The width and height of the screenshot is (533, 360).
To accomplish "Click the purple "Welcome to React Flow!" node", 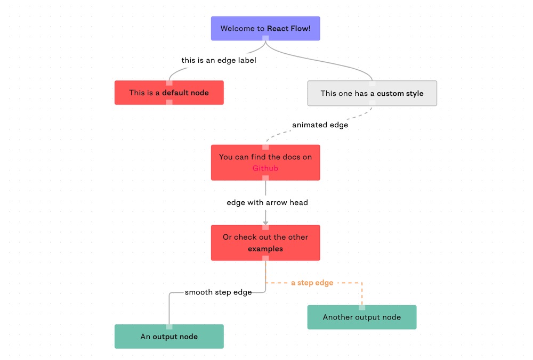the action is click(265, 29).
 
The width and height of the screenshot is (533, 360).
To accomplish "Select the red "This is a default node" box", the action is click(169, 93).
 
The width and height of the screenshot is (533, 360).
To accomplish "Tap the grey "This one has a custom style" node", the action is click(372, 93).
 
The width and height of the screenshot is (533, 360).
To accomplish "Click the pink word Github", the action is click(265, 168).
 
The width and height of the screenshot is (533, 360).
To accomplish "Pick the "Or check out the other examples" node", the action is click(265, 243).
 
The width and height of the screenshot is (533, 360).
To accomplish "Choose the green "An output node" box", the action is click(169, 337).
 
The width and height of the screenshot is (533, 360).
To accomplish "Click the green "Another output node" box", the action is click(362, 317).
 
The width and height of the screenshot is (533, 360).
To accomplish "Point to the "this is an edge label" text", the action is click(219, 61).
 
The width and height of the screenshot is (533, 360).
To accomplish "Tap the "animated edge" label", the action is click(320, 125).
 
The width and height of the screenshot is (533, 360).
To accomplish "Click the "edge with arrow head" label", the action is click(267, 202).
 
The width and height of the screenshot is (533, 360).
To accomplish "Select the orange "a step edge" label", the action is click(312, 283).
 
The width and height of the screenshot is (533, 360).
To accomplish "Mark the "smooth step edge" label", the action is click(218, 292).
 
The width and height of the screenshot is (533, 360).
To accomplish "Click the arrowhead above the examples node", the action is click(265, 223).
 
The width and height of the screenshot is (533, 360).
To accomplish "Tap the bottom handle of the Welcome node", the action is click(265, 38).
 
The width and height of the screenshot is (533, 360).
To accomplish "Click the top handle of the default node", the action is click(169, 83).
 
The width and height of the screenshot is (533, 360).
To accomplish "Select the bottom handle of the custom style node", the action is click(372, 103).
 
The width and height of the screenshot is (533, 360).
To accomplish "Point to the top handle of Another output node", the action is click(362, 308).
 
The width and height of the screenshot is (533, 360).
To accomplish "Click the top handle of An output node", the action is click(169, 327).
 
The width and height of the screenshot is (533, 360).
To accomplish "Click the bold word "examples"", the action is click(265, 249).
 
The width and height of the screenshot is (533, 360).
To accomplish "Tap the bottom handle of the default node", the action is click(169, 102).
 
